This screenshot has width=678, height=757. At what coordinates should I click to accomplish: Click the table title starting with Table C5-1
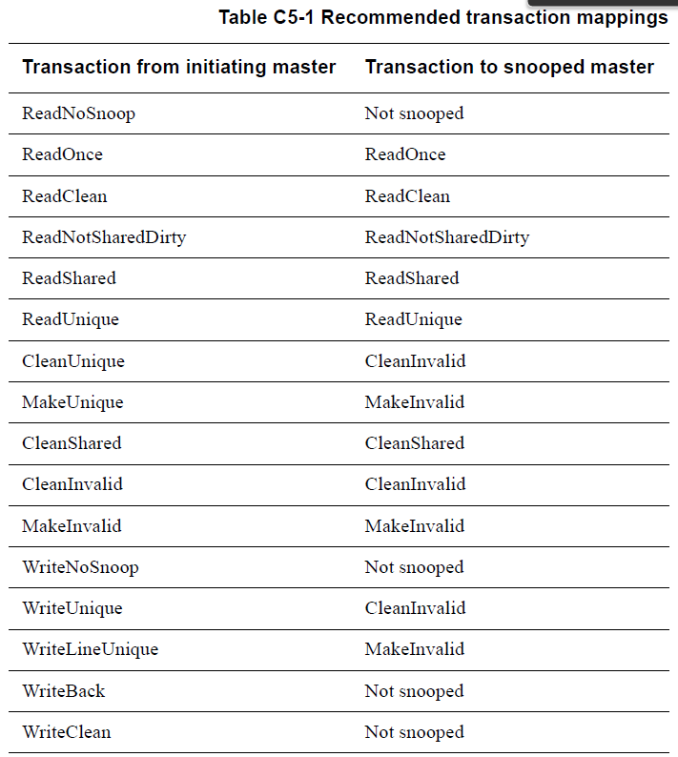(x=442, y=17)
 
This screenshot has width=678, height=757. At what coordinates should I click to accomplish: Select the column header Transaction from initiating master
(x=178, y=67)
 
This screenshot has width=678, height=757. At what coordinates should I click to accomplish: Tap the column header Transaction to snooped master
(x=509, y=67)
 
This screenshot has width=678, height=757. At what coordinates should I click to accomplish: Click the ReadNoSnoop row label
(x=78, y=113)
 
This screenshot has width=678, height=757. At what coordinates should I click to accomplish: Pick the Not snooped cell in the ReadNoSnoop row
(x=414, y=113)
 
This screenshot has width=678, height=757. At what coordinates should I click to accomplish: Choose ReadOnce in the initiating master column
(x=62, y=154)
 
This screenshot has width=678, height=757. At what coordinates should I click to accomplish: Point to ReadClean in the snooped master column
(x=407, y=196)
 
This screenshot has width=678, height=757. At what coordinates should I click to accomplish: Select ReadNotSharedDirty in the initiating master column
(x=104, y=237)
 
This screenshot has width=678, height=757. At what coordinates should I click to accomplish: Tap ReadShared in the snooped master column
(x=412, y=278)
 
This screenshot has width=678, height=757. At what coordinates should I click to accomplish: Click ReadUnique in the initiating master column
(x=71, y=319)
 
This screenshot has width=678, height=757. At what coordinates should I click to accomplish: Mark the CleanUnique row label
(x=73, y=361)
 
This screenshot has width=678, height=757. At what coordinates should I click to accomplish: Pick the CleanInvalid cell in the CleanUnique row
(x=415, y=361)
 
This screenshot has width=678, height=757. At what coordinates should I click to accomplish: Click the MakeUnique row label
(x=72, y=402)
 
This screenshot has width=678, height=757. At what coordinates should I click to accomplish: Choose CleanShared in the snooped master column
(x=414, y=443)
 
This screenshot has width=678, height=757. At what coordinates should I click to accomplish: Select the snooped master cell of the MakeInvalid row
(x=415, y=526)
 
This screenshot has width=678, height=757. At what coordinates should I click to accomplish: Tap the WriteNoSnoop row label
(x=80, y=567)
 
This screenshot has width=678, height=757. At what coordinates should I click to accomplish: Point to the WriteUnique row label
(x=72, y=608)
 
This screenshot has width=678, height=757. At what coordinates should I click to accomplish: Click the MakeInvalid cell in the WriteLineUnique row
(x=415, y=649)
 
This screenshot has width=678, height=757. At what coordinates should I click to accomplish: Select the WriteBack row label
(x=63, y=691)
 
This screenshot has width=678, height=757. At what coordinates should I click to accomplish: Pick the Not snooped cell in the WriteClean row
(x=414, y=732)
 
